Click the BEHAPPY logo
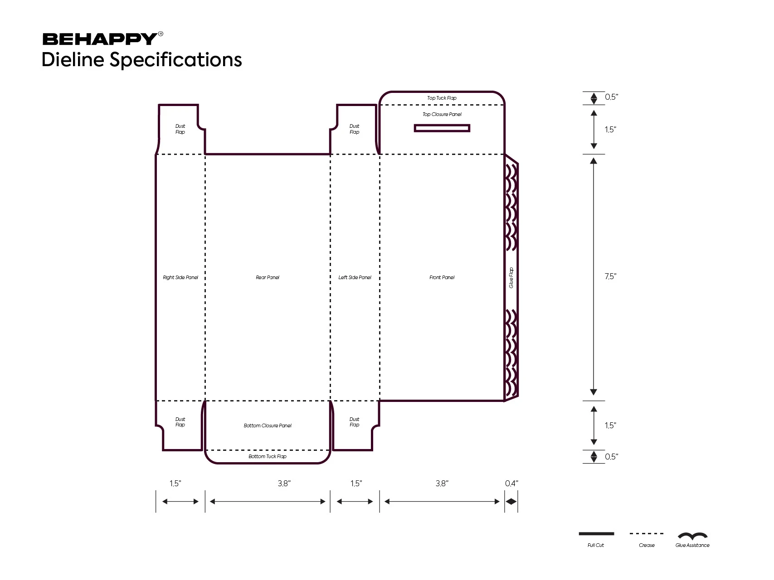100,39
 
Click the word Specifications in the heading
176,60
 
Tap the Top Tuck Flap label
442,98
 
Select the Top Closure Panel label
442,114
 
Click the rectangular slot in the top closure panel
442,128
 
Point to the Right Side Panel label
180,277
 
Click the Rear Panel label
268,277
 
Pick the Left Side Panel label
355,277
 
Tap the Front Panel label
442,277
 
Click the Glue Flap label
511,278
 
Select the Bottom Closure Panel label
268,425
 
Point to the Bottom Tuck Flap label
268,456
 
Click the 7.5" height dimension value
610,276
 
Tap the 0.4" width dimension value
511,483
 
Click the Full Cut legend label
596,545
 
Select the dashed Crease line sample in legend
647,534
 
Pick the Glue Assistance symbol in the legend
692,536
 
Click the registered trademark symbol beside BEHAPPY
161,34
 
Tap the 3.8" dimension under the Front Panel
442,483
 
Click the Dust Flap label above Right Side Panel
180,129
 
